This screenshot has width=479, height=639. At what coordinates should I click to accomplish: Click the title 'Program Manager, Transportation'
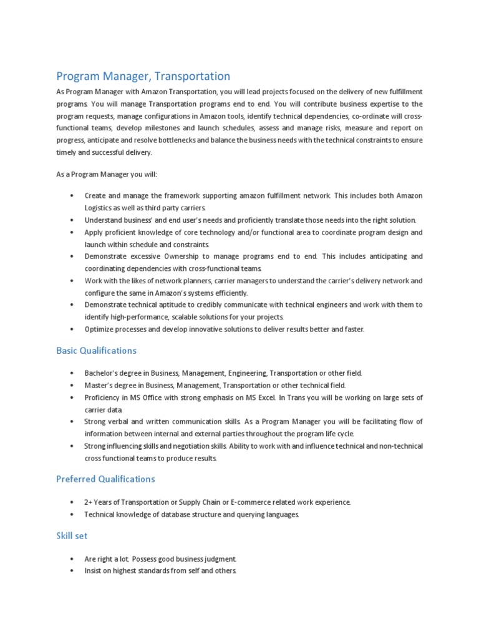coord(143,76)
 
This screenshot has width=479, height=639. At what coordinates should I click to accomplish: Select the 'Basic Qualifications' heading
coord(96,351)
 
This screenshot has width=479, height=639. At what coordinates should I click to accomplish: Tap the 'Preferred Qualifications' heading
coord(105,479)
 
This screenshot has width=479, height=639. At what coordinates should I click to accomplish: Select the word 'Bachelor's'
coord(104,373)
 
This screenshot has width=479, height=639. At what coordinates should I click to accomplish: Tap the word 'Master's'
coord(100,385)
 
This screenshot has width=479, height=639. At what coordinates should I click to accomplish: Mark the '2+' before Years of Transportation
coord(89,502)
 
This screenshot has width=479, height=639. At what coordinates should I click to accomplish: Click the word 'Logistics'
coord(100,207)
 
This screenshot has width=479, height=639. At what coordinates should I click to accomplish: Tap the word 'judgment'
coord(217,559)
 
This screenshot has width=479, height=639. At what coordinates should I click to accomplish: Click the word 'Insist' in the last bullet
coord(94,571)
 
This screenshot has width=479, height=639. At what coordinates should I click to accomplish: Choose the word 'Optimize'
coord(100,329)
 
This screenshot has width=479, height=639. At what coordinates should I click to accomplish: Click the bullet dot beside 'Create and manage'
coord(73,195)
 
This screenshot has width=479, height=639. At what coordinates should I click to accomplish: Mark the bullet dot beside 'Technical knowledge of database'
coord(73,514)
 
